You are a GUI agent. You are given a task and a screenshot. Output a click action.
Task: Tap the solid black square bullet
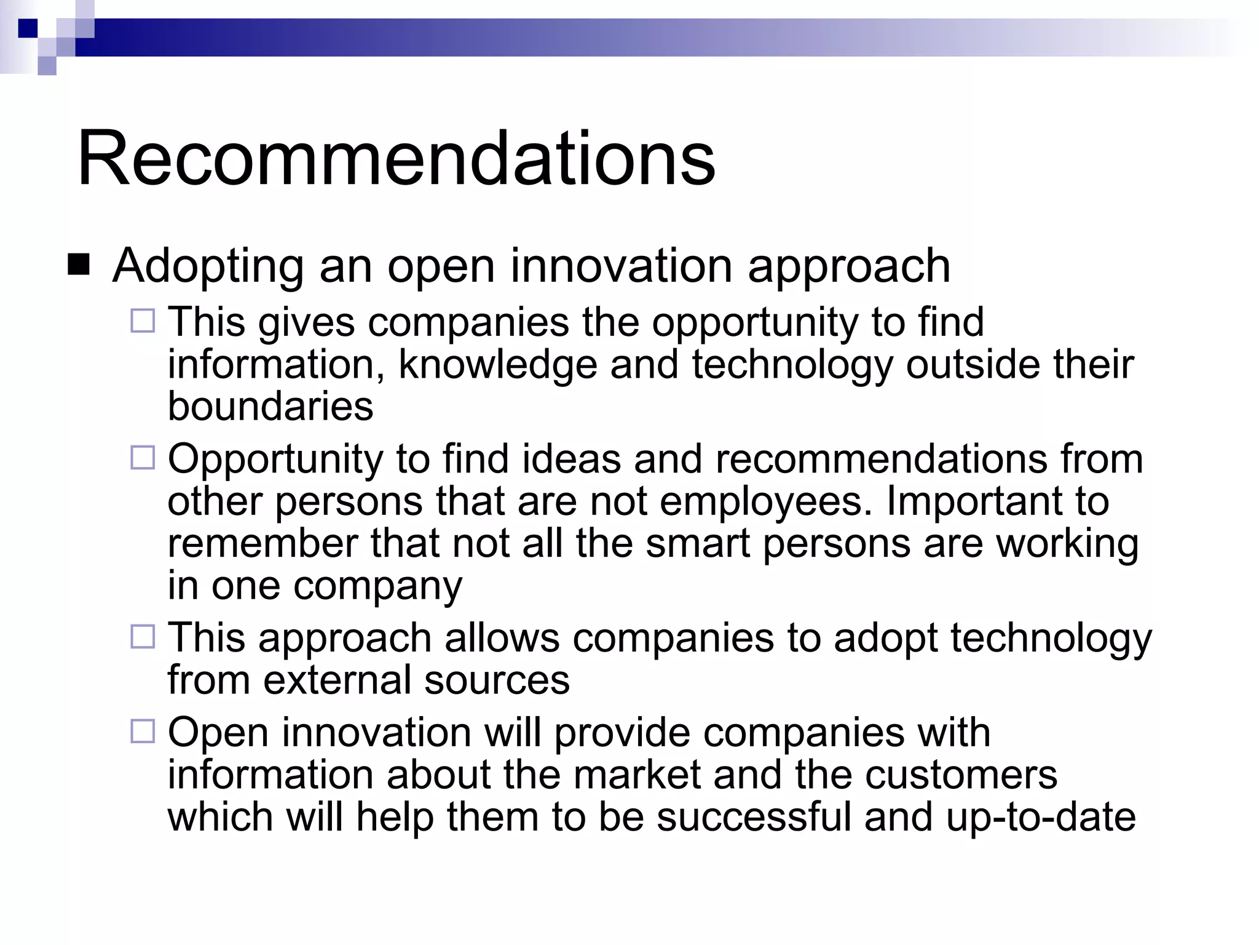point(79,265)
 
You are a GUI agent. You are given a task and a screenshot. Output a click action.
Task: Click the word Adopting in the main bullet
point(208,266)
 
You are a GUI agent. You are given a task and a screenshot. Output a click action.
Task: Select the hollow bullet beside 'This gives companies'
point(143,321)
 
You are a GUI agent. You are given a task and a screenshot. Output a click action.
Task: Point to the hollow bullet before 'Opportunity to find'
point(143,458)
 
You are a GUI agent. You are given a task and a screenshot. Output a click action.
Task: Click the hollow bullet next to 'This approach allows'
point(143,636)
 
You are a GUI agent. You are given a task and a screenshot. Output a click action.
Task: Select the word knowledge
point(497,364)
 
